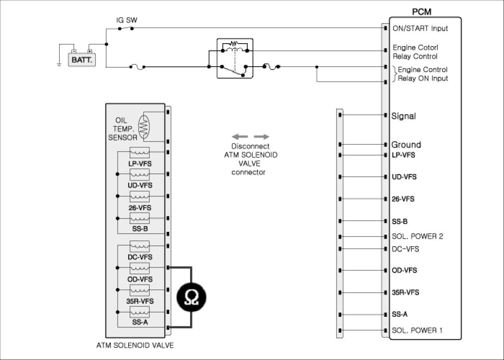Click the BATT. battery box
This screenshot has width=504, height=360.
pyautogui.click(x=81, y=60)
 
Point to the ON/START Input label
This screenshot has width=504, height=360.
pyautogui.click(x=420, y=28)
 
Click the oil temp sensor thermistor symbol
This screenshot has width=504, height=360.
pyautogui.click(x=144, y=127)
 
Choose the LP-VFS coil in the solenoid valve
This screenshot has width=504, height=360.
pyautogui.click(x=140, y=153)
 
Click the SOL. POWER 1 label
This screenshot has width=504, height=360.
pyautogui.click(x=417, y=330)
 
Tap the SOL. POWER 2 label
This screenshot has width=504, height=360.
pyautogui.click(x=417, y=236)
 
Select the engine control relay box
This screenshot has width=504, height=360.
pyautogui.click(x=234, y=58)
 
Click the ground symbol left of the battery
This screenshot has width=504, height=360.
pyautogui.click(x=59, y=64)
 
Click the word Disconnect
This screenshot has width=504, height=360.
pyautogui.click(x=250, y=146)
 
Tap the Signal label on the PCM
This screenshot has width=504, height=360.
pyautogui.click(x=403, y=116)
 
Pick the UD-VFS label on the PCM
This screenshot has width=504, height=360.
pyautogui.click(x=404, y=177)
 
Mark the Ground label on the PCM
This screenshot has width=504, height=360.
pyautogui.click(x=406, y=144)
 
